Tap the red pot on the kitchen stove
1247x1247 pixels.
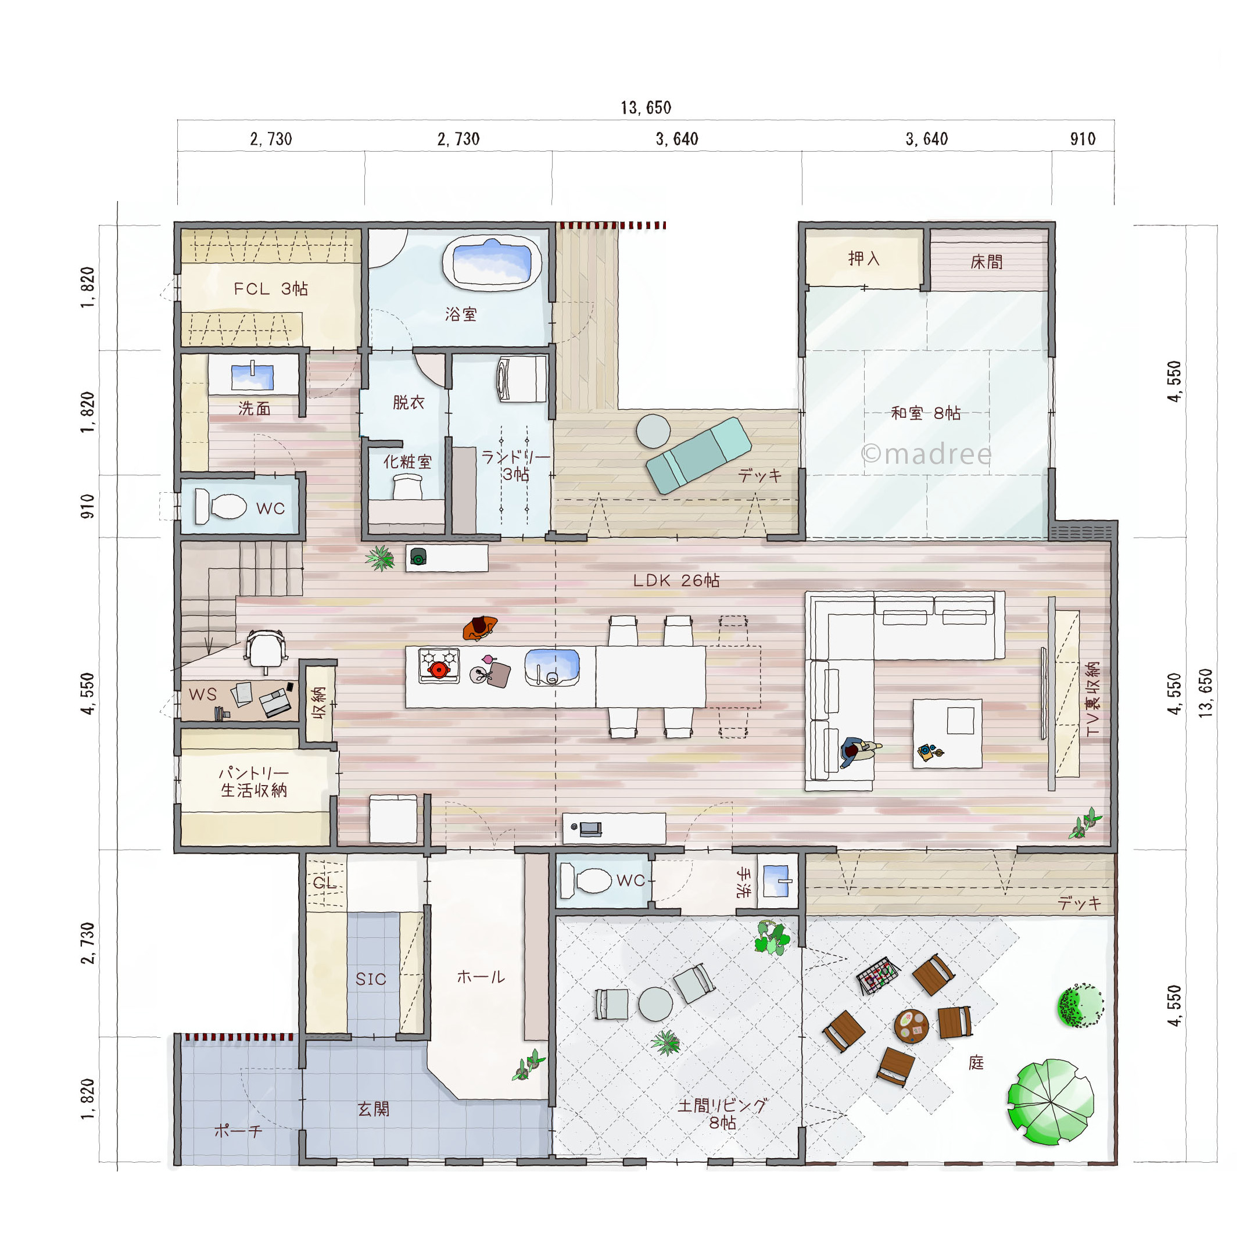438,669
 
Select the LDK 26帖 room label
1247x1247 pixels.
676,580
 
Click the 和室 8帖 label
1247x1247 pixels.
926,413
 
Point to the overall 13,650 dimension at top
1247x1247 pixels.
646,107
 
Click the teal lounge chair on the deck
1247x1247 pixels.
698,455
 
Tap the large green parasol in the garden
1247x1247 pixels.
1050,1101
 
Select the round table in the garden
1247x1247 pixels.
911,1026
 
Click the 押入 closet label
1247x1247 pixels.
863,259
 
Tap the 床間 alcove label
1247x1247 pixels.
986,261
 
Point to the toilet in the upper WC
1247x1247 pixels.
220,506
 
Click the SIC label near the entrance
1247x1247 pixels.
371,979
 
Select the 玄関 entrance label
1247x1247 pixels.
373,1109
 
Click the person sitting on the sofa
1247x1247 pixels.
858,751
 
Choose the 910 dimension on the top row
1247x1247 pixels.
1083,139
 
